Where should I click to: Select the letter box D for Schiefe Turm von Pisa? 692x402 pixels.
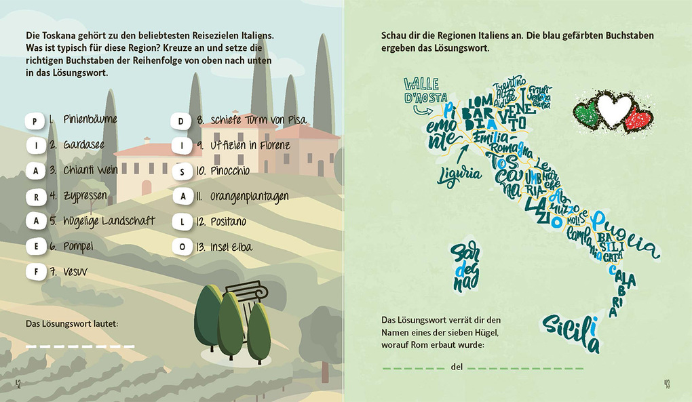[x=181, y=121]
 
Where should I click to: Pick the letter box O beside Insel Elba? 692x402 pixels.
[x=181, y=247]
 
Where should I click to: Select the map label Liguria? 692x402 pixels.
[x=460, y=173]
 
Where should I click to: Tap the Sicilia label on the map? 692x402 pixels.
[x=572, y=331]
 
